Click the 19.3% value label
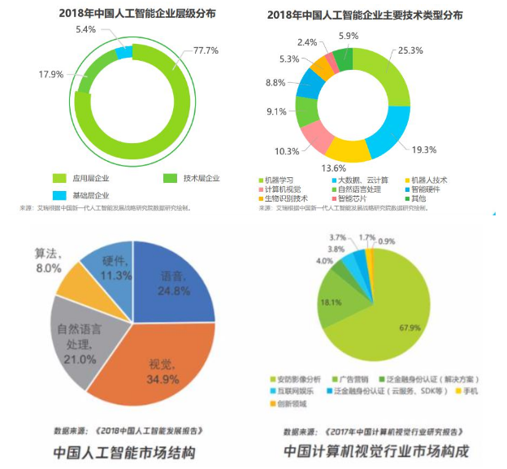click(x=423, y=150)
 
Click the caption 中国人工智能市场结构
click(x=124, y=450)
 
